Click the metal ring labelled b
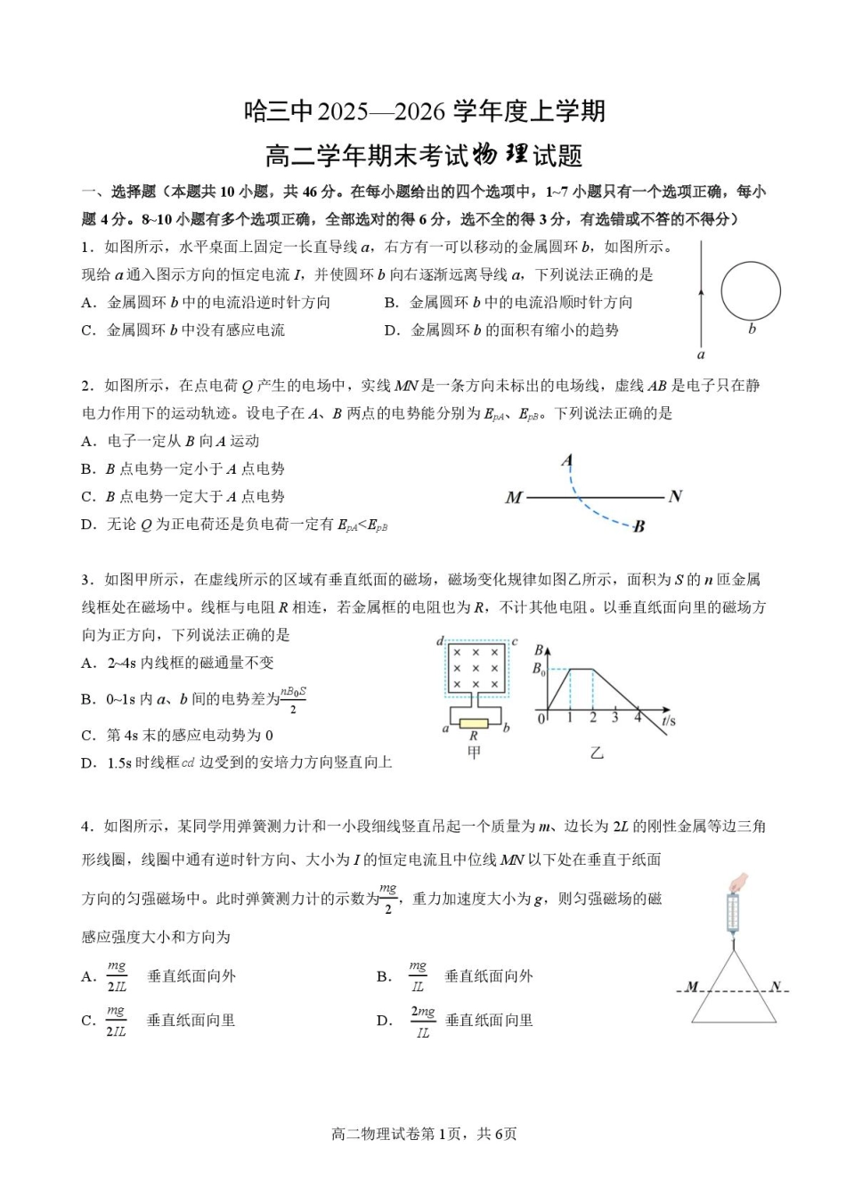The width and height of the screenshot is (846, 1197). tap(750, 292)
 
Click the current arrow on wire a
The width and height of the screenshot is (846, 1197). tap(702, 291)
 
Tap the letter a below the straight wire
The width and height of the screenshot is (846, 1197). tap(701, 354)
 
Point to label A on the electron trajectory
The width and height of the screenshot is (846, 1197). tap(566, 460)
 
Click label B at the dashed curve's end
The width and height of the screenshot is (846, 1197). tap(639, 526)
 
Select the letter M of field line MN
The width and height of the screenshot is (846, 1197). tap(513, 498)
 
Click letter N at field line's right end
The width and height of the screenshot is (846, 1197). tap(675, 496)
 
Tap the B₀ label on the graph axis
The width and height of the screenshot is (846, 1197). tap(539, 668)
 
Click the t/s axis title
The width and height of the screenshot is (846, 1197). tap(669, 720)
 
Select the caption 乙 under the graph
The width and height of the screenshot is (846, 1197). tap(597, 753)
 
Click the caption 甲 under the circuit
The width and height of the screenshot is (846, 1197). tap(474, 753)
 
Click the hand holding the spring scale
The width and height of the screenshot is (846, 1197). tap(738, 883)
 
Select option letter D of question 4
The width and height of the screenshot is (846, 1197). tap(384, 1021)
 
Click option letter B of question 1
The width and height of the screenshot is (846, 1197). tap(390, 303)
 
